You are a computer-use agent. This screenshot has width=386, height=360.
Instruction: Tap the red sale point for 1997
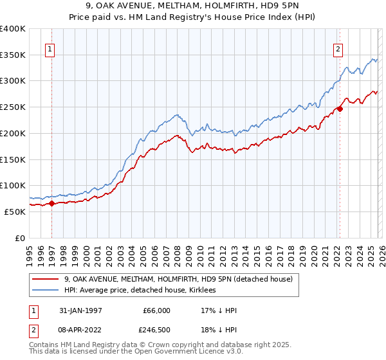[x=52, y=203]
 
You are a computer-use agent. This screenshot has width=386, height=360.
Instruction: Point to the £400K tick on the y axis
[x=13, y=29]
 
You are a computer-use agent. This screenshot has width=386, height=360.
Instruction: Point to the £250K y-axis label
[x=13, y=107]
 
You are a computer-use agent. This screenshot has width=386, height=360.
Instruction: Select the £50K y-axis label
[x=15, y=212]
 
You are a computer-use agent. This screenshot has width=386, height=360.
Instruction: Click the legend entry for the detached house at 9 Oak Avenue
[x=178, y=279]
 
